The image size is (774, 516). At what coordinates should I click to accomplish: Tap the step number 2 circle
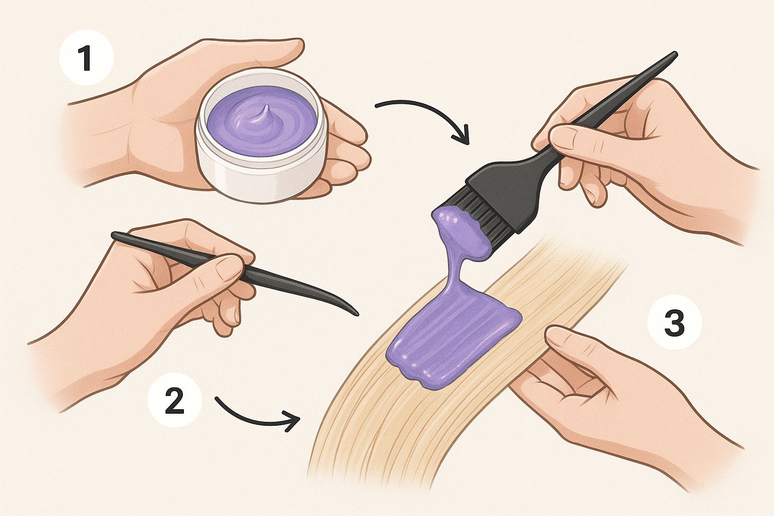174,402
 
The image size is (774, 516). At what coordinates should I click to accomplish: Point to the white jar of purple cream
261,135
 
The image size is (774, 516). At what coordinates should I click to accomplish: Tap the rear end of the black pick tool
114,236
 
